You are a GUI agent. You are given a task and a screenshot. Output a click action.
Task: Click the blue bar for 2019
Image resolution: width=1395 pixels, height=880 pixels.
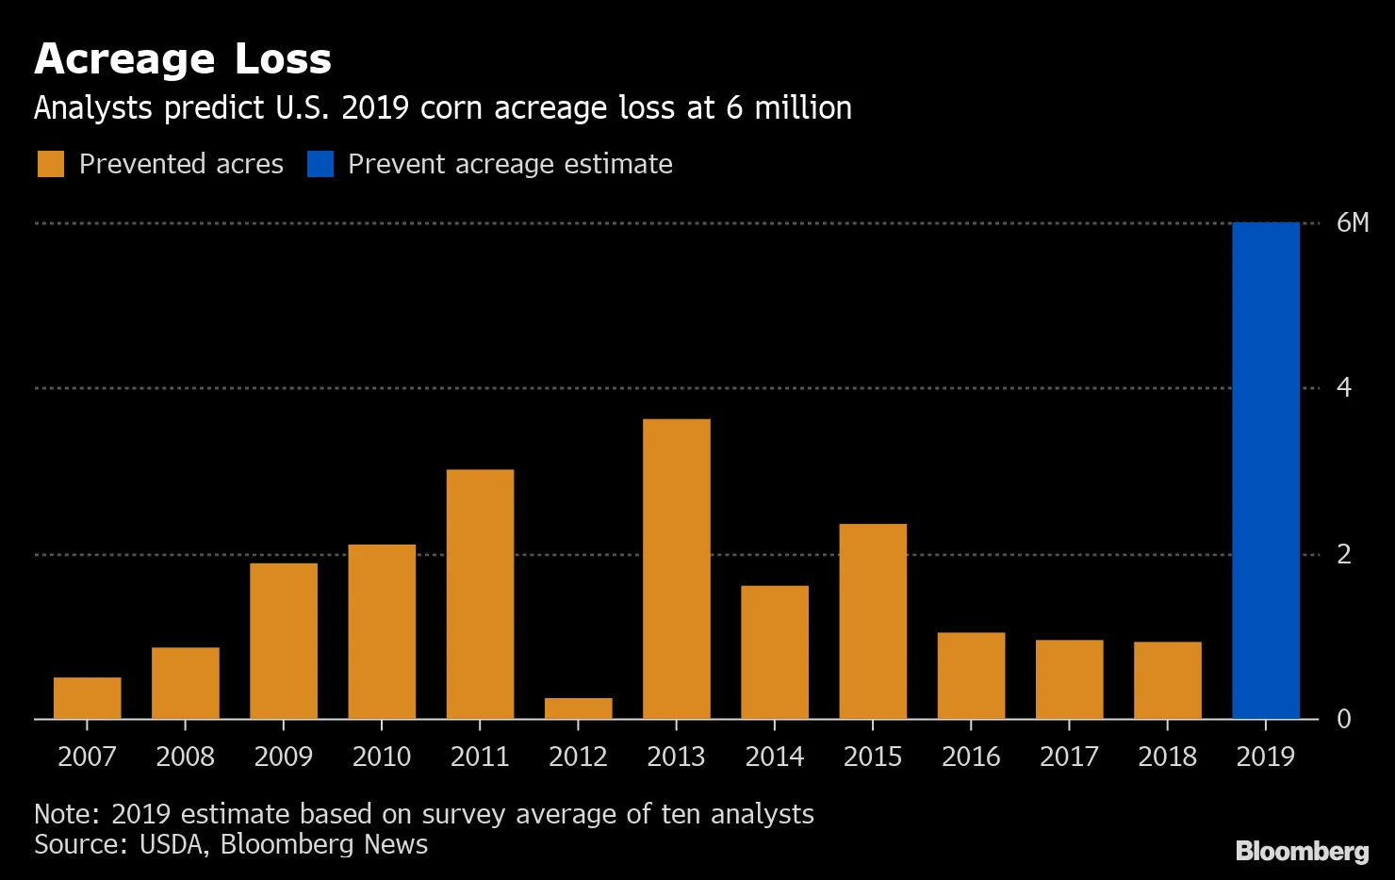point(1265,471)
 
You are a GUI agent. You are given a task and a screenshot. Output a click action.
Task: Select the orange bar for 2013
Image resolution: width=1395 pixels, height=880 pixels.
point(676,569)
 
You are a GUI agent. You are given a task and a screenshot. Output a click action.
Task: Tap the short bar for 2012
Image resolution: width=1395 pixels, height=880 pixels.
point(578,709)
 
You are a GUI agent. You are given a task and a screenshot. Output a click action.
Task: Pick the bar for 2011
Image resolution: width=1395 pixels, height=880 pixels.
point(480,594)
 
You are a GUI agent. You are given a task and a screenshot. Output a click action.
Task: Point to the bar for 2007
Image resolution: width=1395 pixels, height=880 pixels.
point(87,698)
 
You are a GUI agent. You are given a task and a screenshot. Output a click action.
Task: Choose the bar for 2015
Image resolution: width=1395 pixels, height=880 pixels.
point(873,622)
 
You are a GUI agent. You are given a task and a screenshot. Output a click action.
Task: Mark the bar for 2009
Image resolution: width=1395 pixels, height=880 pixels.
point(284,641)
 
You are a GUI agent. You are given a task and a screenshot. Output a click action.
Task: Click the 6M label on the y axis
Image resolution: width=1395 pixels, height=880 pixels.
point(1352,223)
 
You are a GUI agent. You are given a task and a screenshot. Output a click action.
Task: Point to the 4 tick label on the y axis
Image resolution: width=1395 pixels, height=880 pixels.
point(1344,387)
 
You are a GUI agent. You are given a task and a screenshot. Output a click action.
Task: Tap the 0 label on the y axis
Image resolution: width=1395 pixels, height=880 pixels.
point(1344,719)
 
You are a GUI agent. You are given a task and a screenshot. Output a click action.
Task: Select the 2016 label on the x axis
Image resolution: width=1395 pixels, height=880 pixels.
point(971,757)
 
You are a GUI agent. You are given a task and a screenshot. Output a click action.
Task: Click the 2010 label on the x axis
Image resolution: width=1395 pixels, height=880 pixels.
point(382,757)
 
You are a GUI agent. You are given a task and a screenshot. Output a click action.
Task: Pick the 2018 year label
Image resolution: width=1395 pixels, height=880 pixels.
point(1167,757)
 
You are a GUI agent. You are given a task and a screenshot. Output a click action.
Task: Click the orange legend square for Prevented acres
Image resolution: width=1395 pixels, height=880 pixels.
point(51,164)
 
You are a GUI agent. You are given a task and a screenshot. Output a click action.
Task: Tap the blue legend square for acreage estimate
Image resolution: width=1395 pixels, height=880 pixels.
point(320,164)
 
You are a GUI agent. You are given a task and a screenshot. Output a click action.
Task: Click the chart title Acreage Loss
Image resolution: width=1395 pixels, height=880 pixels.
point(183,59)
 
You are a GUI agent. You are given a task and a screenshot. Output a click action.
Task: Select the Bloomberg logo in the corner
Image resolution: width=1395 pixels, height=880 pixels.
point(1302,852)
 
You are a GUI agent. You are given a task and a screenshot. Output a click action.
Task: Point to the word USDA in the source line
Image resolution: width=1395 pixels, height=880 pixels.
point(172,844)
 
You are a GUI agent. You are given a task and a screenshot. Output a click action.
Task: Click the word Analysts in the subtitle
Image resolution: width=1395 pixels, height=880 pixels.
point(92,108)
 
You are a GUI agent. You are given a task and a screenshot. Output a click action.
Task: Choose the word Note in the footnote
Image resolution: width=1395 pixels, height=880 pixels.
point(65,814)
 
